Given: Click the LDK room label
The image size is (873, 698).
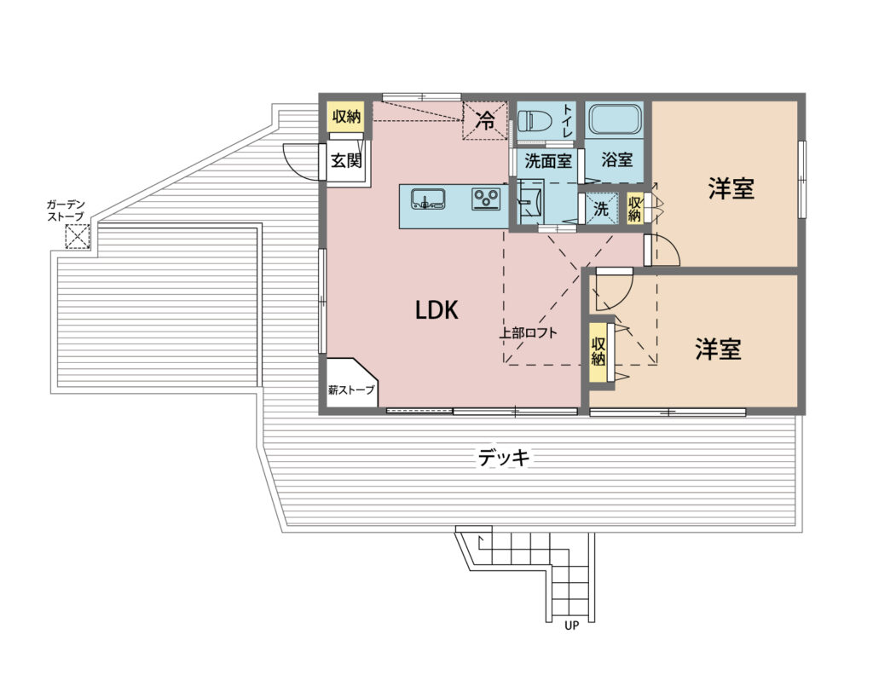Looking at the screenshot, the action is [436, 310].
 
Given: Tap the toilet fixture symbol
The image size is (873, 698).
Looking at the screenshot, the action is [535, 119].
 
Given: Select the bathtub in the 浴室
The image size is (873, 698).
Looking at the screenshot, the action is [615, 118].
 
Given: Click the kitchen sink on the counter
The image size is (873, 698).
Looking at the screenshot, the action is [428, 199].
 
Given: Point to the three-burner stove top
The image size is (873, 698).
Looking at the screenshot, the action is [487, 199].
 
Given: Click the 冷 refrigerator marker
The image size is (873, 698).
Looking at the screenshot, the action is [486, 120].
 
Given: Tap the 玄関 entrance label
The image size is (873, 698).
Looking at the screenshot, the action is [346, 160].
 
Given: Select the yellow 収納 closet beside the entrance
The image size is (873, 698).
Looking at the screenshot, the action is [346, 117].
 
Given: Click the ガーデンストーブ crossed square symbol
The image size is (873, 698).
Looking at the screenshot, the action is [78, 237].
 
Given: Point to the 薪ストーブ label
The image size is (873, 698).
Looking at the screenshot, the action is [351, 390].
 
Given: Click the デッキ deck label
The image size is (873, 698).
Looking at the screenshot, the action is [503, 458].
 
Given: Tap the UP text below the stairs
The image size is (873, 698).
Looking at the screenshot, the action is [571, 626].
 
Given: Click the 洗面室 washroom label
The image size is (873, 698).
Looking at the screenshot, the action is [548, 161].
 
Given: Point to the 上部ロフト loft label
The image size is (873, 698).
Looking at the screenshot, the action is [528, 333].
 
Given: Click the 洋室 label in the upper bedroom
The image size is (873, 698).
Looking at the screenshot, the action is [731, 188].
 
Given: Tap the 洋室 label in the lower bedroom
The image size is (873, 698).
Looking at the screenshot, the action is [718, 349].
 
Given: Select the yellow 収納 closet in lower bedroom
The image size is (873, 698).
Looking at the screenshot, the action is [598, 351].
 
